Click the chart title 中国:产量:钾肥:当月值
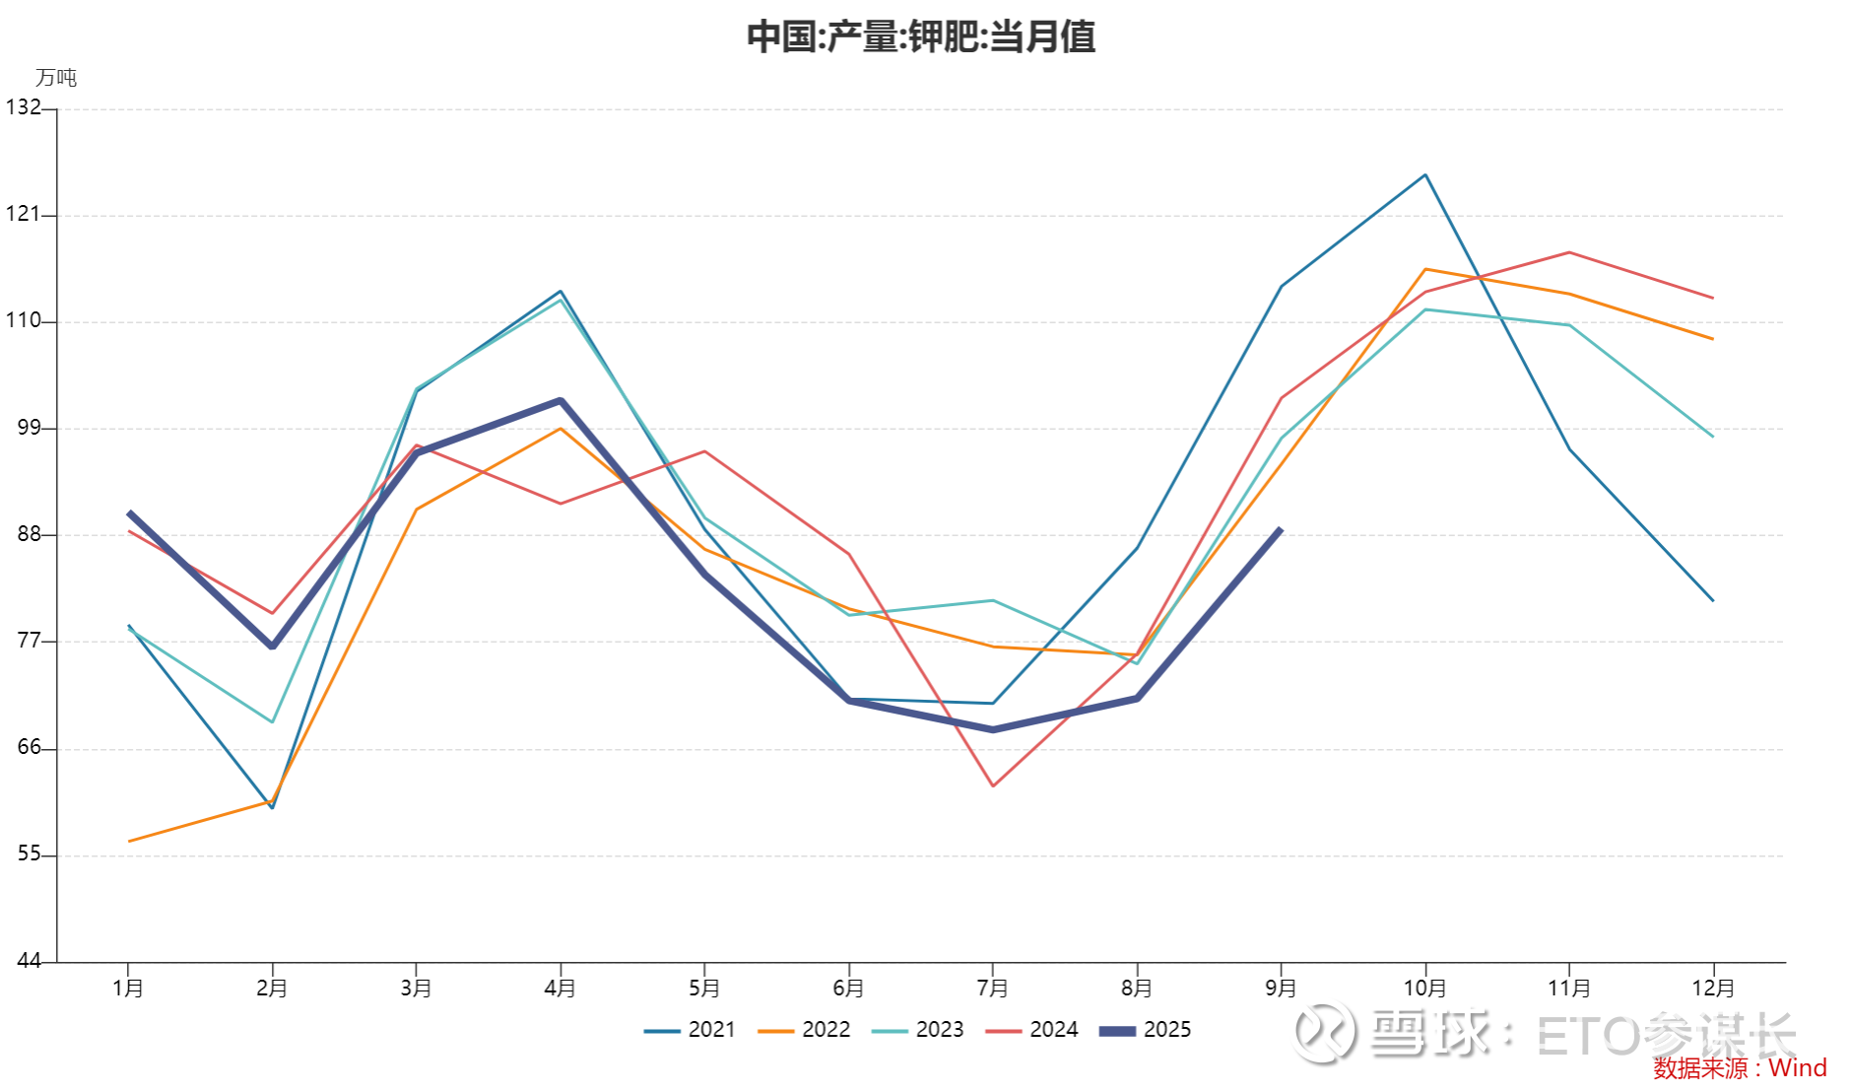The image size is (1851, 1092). pyautogui.click(x=921, y=37)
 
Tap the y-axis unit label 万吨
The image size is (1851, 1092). pyautogui.click(x=56, y=78)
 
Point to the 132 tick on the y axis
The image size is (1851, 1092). pyautogui.click(x=23, y=107)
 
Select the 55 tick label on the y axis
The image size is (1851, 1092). pyautogui.click(x=29, y=854)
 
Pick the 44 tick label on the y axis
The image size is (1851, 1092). pyautogui.click(x=29, y=961)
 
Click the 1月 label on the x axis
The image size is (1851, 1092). pyautogui.click(x=128, y=988)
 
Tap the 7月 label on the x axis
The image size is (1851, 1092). pyautogui.click(x=993, y=988)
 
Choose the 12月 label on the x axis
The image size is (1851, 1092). pyautogui.click(x=1713, y=988)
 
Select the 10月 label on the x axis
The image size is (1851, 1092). pyautogui.click(x=1424, y=988)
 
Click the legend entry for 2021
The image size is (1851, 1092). pyautogui.click(x=691, y=1030)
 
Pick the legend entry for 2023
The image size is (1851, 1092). pyautogui.click(x=918, y=1030)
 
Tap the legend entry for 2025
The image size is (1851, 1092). pyautogui.click(x=1146, y=1030)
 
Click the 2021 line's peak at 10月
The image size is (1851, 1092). pyautogui.click(x=1425, y=175)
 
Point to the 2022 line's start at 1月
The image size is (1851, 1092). pyautogui.click(x=129, y=841)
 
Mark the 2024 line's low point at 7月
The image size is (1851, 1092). pyautogui.click(x=993, y=785)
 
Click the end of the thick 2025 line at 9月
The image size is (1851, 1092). pyautogui.click(x=1281, y=530)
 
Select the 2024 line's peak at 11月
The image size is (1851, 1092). pyautogui.click(x=1569, y=252)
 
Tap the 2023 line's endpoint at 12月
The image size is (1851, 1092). pyautogui.click(x=1713, y=437)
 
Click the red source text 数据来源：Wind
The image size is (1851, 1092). pyautogui.click(x=1740, y=1068)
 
